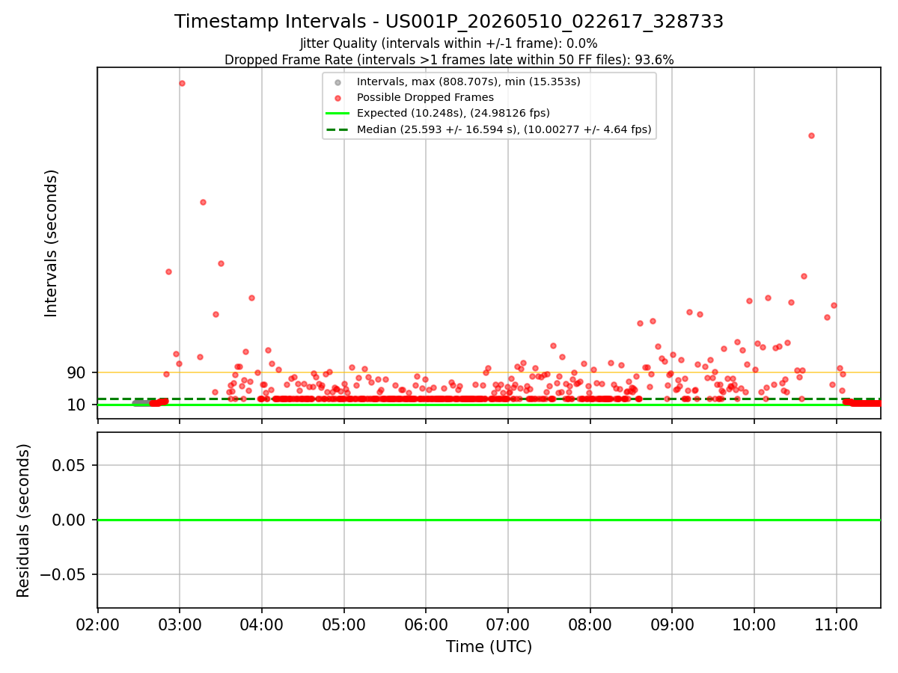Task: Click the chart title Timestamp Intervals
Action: click(x=270, y=21)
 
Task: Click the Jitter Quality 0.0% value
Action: click(x=581, y=43)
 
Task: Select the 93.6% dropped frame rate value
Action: click(x=654, y=60)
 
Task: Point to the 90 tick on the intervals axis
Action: click(x=76, y=372)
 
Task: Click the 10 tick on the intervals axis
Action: click(x=76, y=405)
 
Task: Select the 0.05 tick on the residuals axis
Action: click(x=68, y=465)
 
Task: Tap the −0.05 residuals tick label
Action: click(x=63, y=574)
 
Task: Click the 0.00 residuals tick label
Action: click(x=68, y=520)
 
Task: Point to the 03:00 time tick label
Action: click(x=180, y=625)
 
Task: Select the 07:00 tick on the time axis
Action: click(x=507, y=625)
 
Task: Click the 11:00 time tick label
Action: click(x=836, y=625)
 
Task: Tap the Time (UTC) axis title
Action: click(x=489, y=647)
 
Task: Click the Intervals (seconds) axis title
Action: click(x=51, y=244)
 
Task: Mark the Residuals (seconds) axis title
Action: click(x=23, y=520)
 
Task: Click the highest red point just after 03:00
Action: click(x=182, y=83)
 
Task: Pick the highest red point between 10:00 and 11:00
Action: click(x=811, y=135)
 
